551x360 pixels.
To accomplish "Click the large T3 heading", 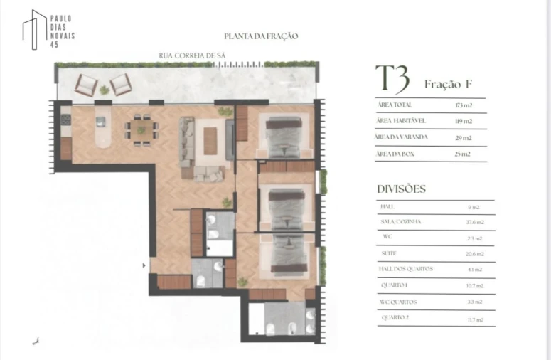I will coord(392,80).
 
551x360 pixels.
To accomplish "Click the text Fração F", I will coord(448,84).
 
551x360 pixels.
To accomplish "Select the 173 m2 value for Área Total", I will coord(464,105).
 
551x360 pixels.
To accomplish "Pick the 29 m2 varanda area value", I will coord(464,137).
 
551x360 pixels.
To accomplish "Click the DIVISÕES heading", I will coord(401,189).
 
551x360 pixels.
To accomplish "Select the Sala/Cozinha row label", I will coord(401,222).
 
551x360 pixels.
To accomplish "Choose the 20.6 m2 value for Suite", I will coord(475,254).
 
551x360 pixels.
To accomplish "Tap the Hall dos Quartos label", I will coord(407,270).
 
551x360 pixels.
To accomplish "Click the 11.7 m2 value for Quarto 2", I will coord(475,320).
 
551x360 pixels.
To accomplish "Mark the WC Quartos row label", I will coord(400,302).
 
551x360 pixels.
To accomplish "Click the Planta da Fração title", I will coord(261,36).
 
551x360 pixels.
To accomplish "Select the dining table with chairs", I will coord(141,129).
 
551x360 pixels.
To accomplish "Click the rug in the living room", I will coord(210,140).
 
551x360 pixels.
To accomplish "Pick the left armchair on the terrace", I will coord(86,85).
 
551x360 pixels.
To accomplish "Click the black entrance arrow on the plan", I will coord(145,265).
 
